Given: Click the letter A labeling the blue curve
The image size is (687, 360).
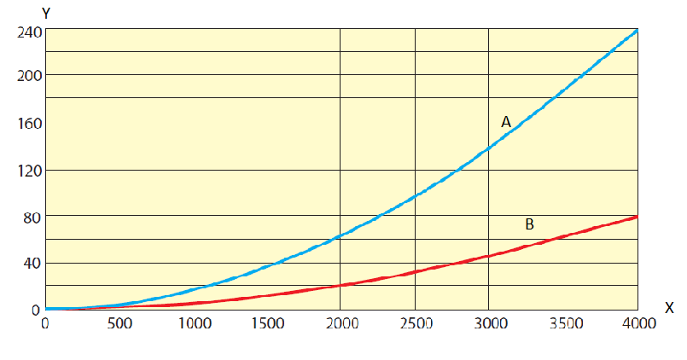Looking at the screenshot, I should coord(505,123).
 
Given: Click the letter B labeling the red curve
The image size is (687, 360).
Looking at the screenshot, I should coord(529,224).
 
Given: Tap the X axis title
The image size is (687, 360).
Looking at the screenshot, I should coord(668,306).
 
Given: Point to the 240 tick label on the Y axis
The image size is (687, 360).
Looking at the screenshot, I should coord(26,32).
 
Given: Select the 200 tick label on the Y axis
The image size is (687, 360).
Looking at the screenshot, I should coord(26,75).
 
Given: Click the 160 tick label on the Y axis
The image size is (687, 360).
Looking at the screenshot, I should coord(26,123).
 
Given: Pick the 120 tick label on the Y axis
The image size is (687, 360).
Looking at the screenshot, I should coord(26,170).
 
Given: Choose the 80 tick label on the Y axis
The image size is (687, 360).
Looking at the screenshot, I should coord(29,217).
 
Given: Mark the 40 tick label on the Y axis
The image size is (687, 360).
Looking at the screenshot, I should coord(29,263).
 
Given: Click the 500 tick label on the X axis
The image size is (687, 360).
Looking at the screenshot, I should coord(119,323).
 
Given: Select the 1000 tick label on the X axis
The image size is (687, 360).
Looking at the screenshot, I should coord(193,323).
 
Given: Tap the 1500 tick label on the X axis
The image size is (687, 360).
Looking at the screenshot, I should coord(267,323).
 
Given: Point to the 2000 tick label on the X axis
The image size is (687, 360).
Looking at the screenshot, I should coord(341,323).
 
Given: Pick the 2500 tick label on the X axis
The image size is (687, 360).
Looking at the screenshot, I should coord(415,323).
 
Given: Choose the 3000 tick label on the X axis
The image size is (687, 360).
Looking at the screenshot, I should coord(489,323).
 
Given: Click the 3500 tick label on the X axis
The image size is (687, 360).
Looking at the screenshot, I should coord(562,323).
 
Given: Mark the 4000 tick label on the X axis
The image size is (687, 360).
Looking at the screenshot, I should coord(637,323).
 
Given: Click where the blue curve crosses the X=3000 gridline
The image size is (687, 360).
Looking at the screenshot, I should coord(489,148).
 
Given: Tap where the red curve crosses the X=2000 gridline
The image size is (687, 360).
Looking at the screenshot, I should coord(341,285).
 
